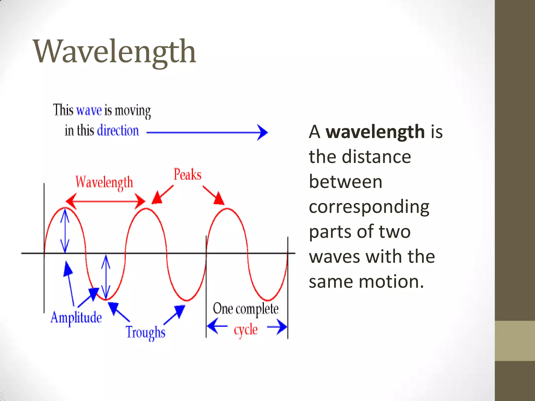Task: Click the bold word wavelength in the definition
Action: (375, 132)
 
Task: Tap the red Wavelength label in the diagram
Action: (104, 182)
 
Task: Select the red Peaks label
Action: (187, 175)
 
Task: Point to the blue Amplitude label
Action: (76, 318)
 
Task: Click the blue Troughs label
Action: (146, 332)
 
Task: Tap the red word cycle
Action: (246, 330)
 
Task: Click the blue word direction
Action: (118, 130)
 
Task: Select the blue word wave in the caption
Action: (89, 110)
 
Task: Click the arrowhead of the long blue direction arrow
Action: (263, 132)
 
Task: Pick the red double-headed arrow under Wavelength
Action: (105, 201)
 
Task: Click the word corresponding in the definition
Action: (369, 207)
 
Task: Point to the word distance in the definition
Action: (376, 157)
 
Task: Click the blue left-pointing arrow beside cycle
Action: (217, 326)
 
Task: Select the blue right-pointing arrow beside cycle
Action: (277, 326)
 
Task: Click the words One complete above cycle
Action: (246, 309)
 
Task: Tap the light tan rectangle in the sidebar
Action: (515, 341)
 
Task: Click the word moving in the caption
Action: (133, 111)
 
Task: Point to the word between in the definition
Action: (345, 182)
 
